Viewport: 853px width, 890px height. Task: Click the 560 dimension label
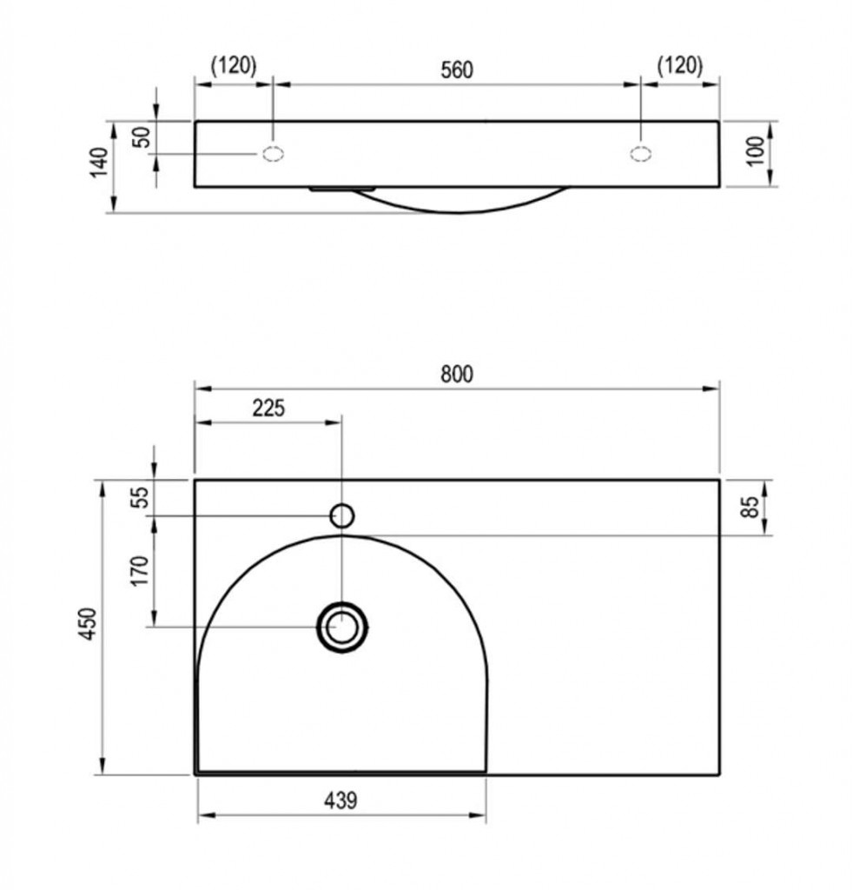pyautogui.click(x=457, y=70)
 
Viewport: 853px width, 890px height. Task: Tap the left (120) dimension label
pyautogui.click(x=234, y=65)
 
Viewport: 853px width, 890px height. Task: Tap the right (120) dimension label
pyautogui.click(x=680, y=65)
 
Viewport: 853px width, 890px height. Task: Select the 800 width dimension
pyautogui.click(x=457, y=374)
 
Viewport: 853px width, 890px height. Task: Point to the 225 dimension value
pyautogui.click(x=268, y=408)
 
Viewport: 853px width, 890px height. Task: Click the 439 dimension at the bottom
pyautogui.click(x=341, y=800)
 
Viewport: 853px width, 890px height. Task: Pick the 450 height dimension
pyautogui.click(x=88, y=624)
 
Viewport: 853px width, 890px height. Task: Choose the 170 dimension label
pyautogui.click(x=140, y=571)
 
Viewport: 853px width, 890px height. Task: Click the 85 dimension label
pyautogui.click(x=750, y=507)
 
